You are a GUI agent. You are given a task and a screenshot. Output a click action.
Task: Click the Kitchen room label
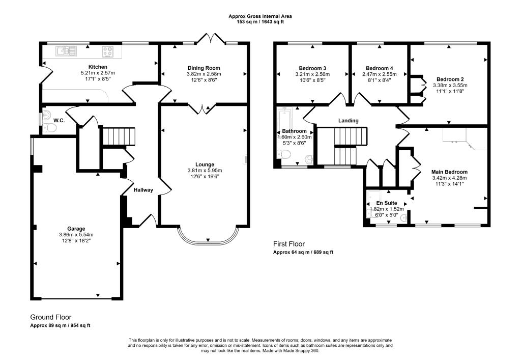98,67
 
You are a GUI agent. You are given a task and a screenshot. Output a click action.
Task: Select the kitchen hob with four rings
108,50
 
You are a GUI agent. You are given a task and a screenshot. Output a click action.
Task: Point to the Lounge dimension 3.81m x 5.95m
204,170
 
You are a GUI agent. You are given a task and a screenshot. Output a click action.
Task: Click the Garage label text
76,228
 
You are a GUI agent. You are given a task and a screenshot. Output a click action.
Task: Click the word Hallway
143,190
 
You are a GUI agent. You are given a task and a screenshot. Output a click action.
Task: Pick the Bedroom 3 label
312,68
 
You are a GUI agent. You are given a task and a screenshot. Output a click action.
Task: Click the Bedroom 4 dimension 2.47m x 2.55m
379,74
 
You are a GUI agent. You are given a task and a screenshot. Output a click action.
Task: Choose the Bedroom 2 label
450,79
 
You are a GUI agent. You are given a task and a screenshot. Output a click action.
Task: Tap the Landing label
349,121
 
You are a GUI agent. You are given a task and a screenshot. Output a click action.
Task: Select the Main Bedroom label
449,172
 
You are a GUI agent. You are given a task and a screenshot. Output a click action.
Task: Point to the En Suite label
386,203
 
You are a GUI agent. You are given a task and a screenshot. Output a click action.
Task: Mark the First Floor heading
289,244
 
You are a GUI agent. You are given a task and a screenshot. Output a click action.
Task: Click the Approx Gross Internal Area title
260,16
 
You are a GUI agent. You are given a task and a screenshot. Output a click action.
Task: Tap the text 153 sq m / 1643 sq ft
260,22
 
